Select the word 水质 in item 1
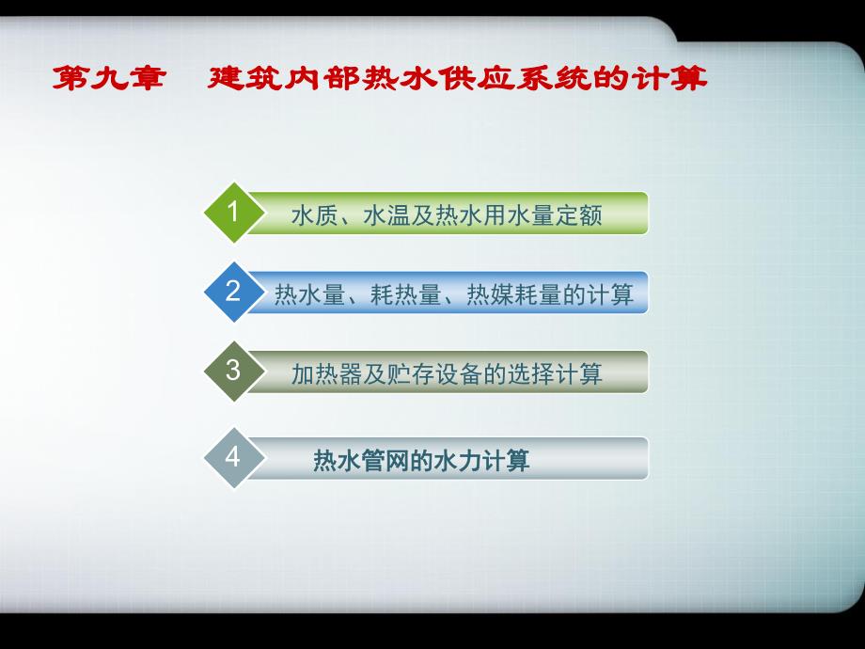[311, 215]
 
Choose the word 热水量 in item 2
[305, 295]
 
